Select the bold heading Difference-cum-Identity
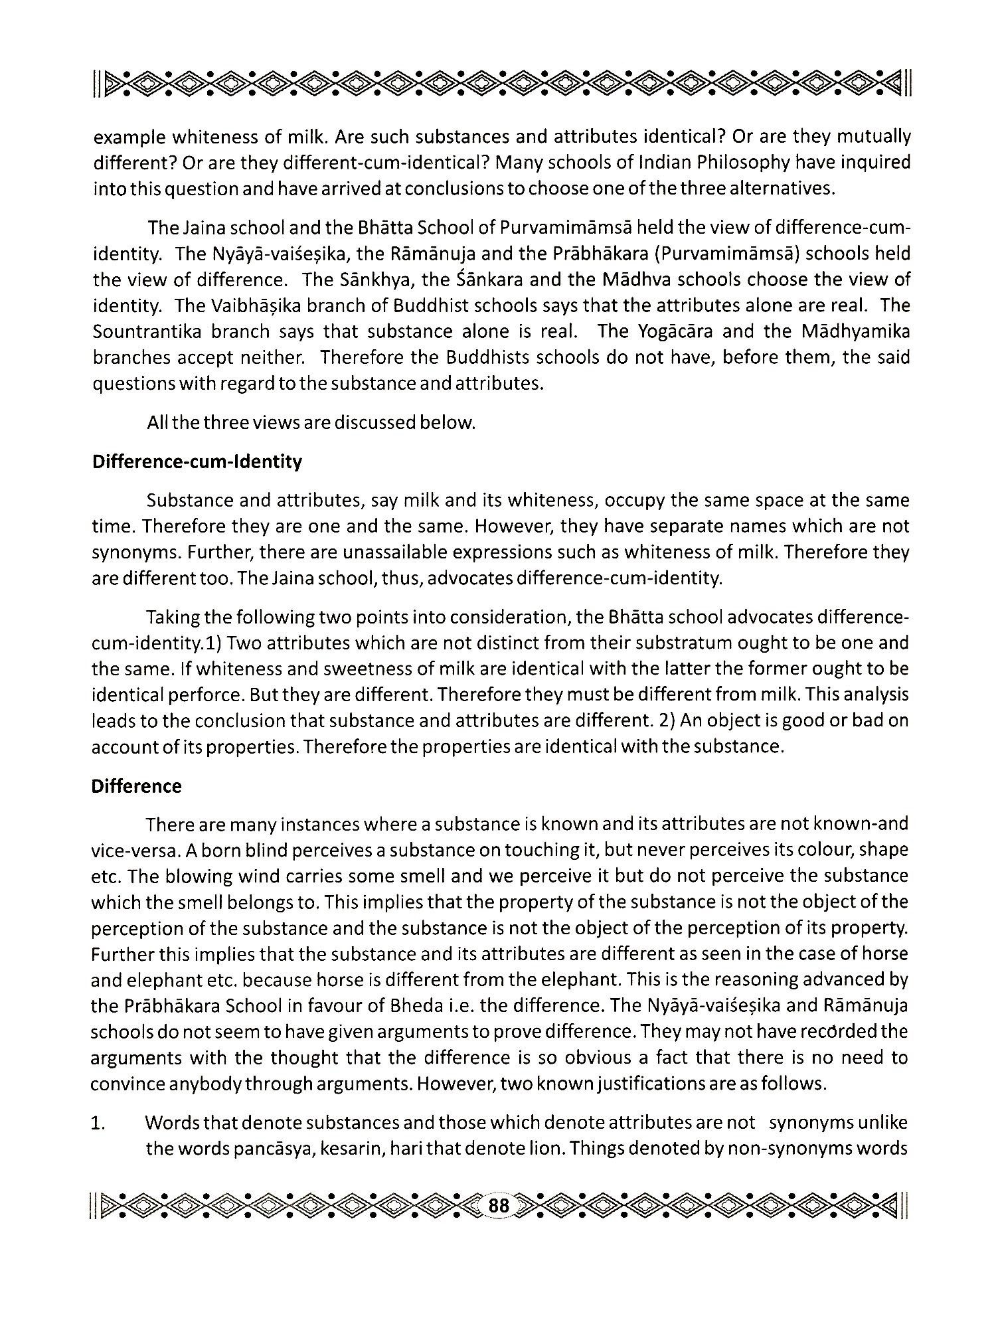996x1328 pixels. pyautogui.click(x=197, y=461)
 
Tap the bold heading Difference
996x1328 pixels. pyautogui.click(x=136, y=786)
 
